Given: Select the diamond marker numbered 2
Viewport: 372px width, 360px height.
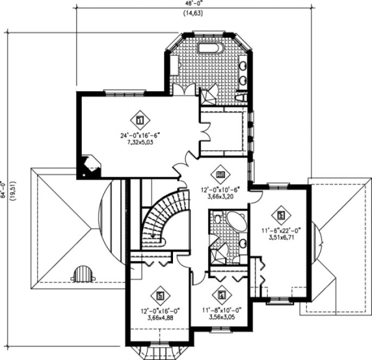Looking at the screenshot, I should tap(280, 215).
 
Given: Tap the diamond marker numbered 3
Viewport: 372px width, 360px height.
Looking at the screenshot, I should tap(160, 296).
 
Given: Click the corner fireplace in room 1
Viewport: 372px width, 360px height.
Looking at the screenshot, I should tap(90, 165).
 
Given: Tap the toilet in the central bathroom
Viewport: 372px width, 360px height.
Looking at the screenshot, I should tap(216, 219).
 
